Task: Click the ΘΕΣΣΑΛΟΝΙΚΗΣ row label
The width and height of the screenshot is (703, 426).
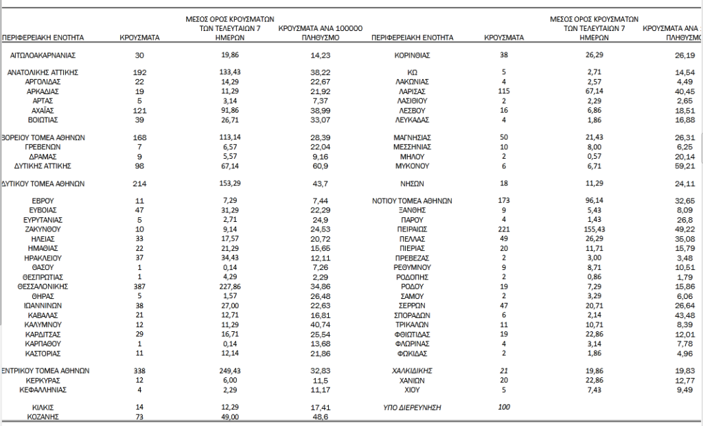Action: [43, 286]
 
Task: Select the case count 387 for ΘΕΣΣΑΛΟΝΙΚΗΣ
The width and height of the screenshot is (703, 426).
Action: [140, 286]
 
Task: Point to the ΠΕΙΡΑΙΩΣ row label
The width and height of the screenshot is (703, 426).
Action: [412, 228]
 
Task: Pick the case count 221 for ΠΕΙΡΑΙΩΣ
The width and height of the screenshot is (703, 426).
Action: [504, 228]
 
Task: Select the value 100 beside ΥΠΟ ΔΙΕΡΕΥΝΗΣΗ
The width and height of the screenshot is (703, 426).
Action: [504, 408]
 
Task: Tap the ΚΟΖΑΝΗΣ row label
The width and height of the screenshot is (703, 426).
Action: [43, 417]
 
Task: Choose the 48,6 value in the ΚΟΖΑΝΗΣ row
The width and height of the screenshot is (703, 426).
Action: [322, 417]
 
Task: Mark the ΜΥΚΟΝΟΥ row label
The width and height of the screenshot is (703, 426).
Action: [412, 166]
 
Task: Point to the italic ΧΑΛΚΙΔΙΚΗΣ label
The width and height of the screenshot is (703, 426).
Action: [412, 371]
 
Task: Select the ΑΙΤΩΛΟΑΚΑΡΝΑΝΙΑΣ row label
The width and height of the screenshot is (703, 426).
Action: [43, 55]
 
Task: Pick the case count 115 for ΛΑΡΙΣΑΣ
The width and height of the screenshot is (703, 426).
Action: [504, 91]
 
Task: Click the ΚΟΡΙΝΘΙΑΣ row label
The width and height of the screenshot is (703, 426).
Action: [412, 55]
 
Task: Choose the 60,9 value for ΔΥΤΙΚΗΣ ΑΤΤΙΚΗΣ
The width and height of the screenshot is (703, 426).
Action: [322, 166]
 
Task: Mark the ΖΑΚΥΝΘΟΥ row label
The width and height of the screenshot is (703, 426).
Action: [43, 228]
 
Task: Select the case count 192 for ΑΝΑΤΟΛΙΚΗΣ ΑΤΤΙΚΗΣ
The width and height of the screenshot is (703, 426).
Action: [140, 71]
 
